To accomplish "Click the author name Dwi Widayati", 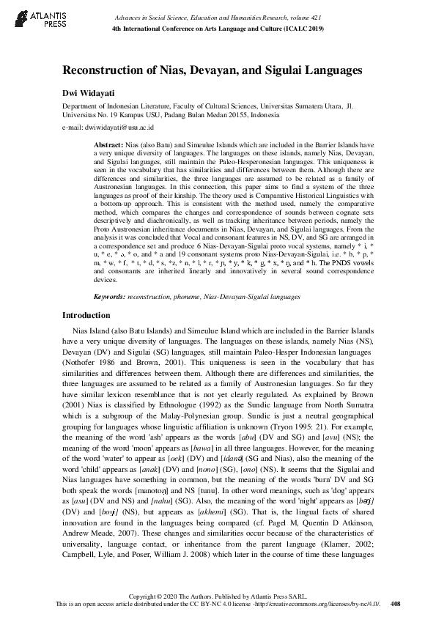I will [x=89, y=94].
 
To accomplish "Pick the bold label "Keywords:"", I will [x=112, y=317].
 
